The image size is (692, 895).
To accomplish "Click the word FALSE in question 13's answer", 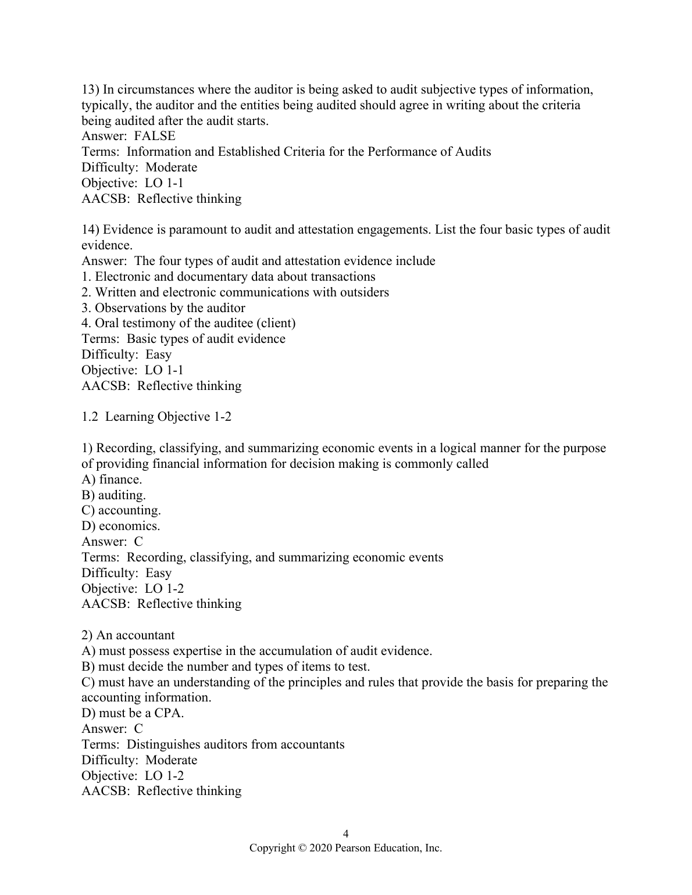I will (x=154, y=136).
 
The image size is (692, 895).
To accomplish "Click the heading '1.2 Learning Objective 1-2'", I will (x=156, y=417).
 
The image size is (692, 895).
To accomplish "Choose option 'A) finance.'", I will (x=112, y=479).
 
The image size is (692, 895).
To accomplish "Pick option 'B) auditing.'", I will (x=113, y=495).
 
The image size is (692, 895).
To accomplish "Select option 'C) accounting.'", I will (x=121, y=510).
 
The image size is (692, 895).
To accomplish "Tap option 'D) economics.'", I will (x=120, y=526).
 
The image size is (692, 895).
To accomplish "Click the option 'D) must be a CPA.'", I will (x=133, y=713).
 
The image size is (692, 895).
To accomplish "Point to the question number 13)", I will (x=91, y=90).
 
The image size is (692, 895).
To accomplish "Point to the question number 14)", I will (x=91, y=230).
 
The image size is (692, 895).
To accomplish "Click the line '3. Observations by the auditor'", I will (x=163, y=308).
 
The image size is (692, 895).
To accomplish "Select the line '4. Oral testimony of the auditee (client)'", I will (x=188, y=323).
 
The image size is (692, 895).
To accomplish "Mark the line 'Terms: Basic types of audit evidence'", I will (x=183, y=339).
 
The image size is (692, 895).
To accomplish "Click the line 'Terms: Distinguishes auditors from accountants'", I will (x=213, y=744).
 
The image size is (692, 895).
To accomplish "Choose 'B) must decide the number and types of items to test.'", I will (x=226, y=667).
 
